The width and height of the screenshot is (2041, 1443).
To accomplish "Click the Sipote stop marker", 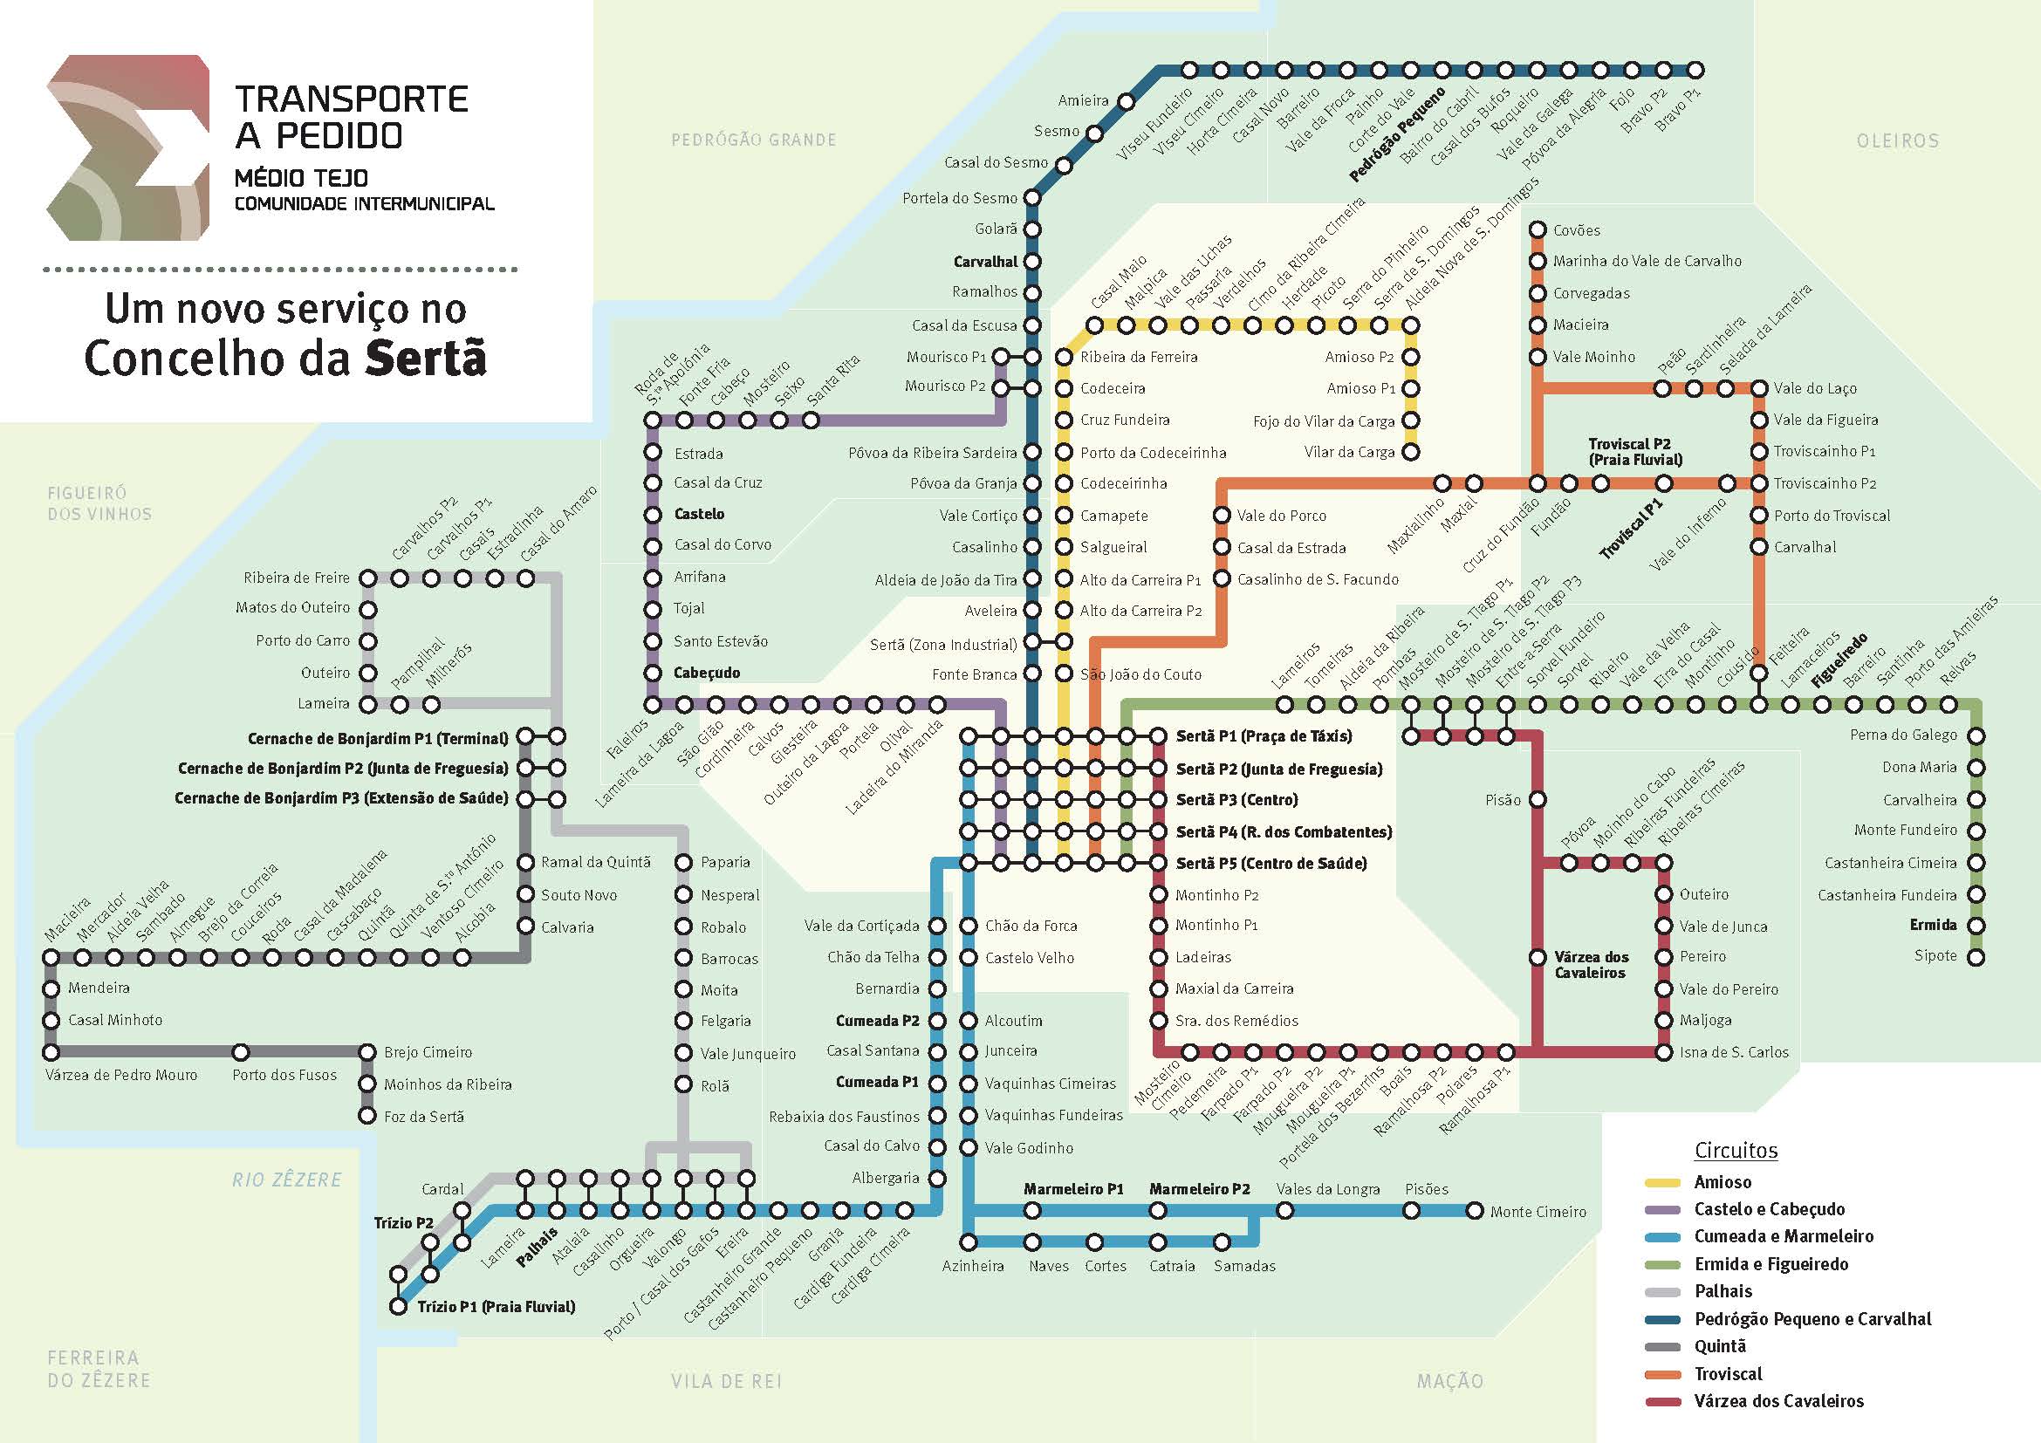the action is coord(1976,957).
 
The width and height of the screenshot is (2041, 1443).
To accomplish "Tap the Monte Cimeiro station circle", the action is coord(1475,1210).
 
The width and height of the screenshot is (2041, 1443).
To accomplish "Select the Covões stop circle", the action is coord(1537,230).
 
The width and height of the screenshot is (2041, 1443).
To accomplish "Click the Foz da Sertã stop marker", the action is coord(367,1116).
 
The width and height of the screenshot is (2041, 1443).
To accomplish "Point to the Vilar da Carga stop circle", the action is coord(1411,452).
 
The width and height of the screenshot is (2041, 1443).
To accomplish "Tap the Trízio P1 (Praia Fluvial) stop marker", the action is coord(399,1306).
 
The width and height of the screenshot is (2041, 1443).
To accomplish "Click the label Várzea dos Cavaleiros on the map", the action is coord(1592,965).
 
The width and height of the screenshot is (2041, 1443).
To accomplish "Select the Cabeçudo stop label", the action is coord(707,674).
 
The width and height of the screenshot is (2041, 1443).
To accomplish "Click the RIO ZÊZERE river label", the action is coord(286,1180).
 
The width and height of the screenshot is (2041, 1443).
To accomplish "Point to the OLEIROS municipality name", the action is coord(1898,140).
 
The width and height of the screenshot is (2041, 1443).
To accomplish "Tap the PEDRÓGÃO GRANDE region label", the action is coord(754,140).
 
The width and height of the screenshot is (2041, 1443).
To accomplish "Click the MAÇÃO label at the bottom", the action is coord(1450,1381).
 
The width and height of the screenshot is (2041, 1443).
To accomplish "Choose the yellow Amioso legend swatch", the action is coord(1662,1183).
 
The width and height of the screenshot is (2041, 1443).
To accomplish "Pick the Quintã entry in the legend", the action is coord(1720,1346).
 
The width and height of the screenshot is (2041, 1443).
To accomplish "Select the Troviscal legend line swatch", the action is coord(1662,1375).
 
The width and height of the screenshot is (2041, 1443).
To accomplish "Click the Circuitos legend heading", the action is coord(1736,1151).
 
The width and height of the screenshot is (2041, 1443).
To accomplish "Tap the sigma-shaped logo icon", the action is coord(128,147).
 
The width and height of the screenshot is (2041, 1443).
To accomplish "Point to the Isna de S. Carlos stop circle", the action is coord(1663,1052).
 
